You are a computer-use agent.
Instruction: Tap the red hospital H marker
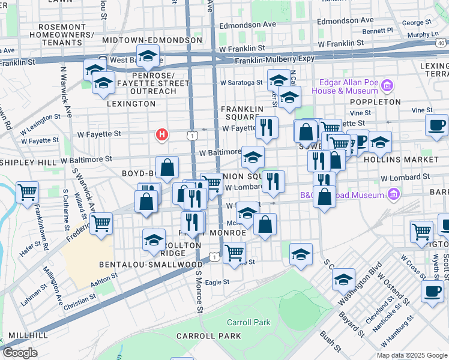[161, 135]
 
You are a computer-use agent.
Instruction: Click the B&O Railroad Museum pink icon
[394, 194]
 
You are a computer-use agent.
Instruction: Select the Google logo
[19, 353]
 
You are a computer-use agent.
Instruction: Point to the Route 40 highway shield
[441, 43]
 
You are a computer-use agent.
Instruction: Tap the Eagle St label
[217, 282]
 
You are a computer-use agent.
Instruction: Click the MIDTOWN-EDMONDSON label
[152, 40]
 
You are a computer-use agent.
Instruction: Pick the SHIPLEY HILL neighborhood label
[27, 163]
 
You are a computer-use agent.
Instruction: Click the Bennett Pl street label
[378, 30]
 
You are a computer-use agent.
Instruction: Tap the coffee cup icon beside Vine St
[436, 124]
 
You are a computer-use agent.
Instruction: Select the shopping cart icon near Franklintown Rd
[27, 192]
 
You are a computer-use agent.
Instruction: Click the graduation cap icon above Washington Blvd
[343, 279]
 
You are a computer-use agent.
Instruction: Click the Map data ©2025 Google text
[412, 355]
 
